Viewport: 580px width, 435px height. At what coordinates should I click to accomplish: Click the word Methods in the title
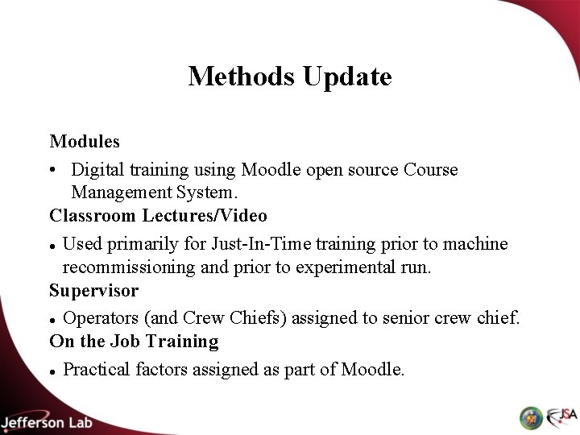tap(243, 77)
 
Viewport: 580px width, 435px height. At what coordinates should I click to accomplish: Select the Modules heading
tap(85, 142)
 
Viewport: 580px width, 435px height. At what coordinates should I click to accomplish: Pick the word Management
tap(121, 193)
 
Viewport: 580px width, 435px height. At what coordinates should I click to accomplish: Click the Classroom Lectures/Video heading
tap(159, 216)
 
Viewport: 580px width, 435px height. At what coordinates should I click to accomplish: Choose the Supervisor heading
tap(93, 289)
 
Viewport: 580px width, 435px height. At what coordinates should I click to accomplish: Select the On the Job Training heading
tap(134, 341)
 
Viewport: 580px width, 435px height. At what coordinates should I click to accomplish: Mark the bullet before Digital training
tap(53, 171)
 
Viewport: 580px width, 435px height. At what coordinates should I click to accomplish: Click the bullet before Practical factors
tap(52, 371)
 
